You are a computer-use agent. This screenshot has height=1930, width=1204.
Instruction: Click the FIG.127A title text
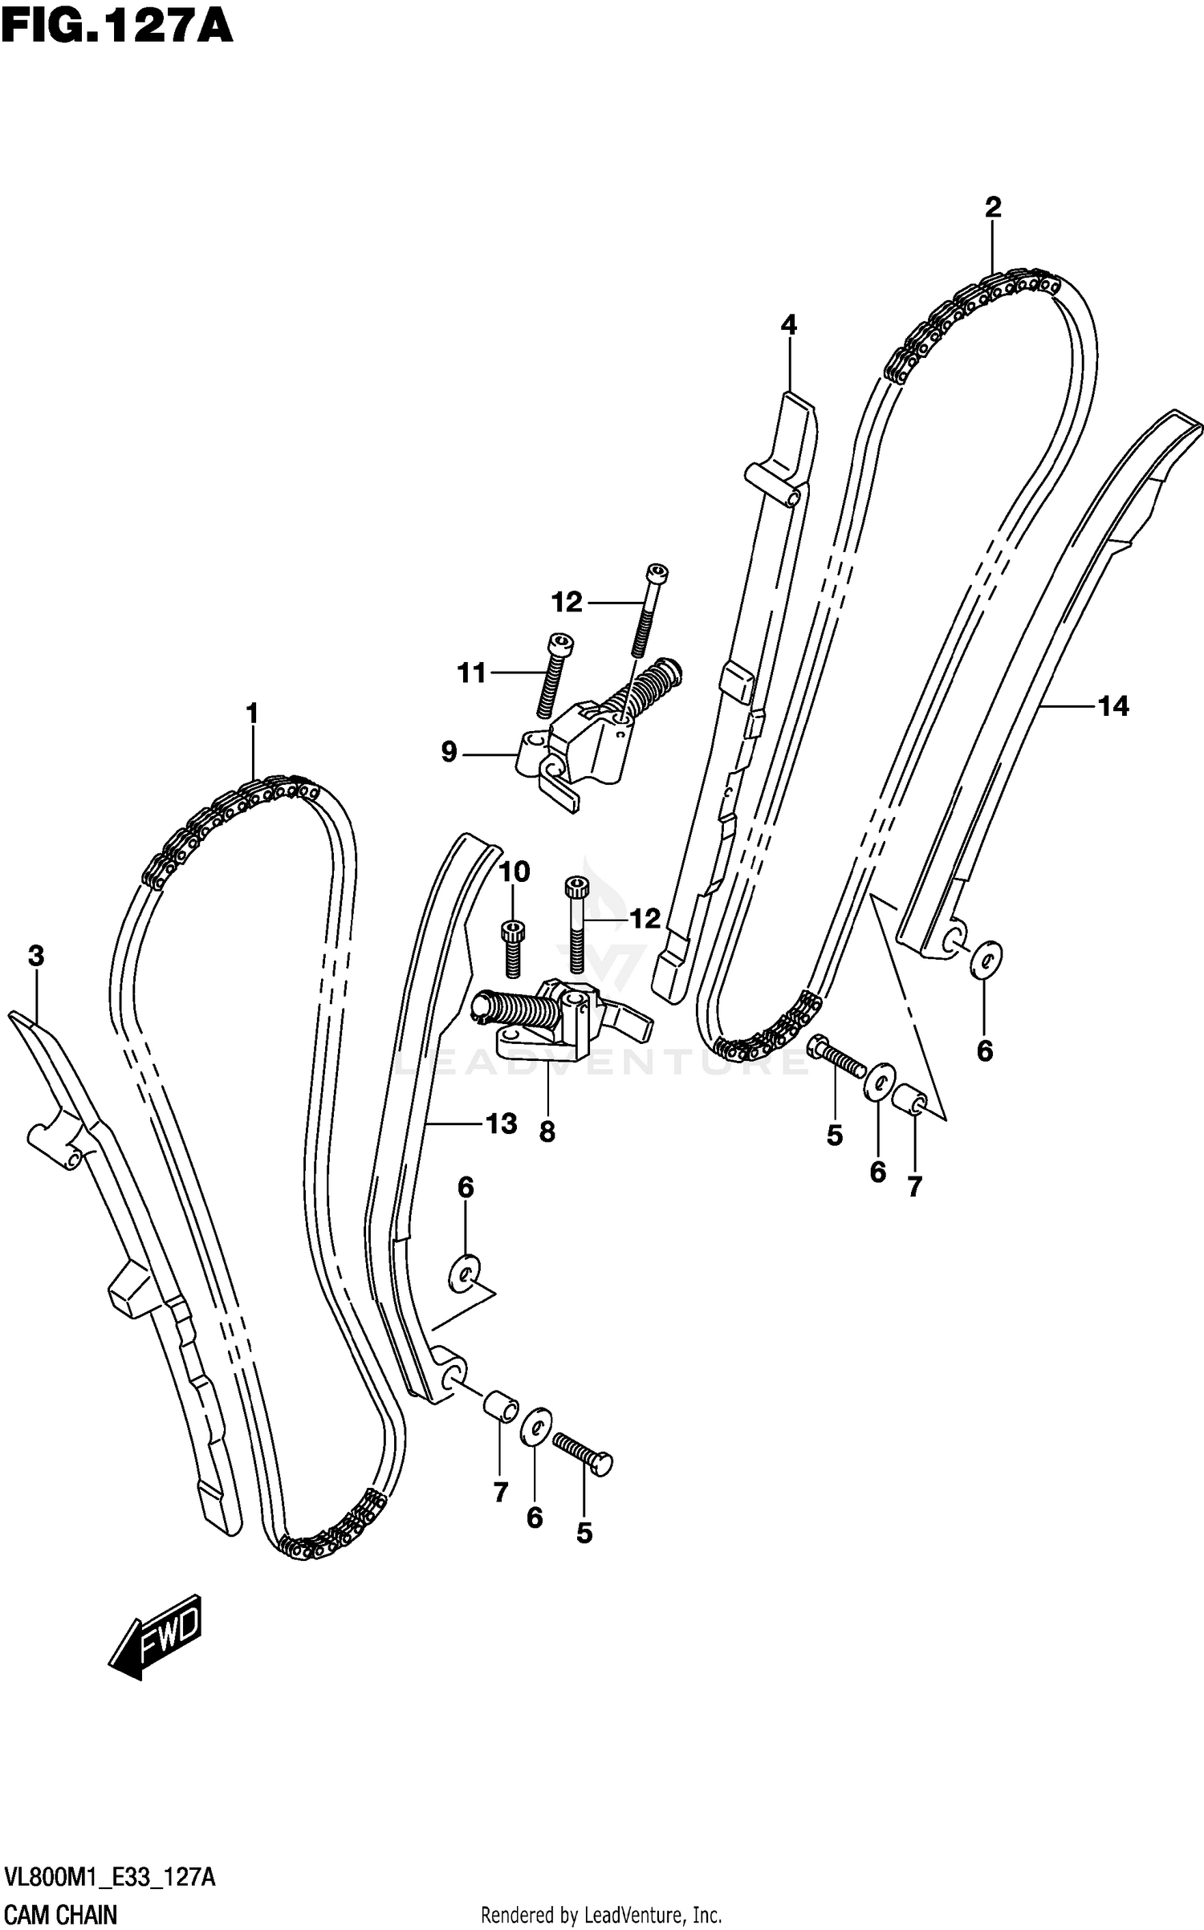117,26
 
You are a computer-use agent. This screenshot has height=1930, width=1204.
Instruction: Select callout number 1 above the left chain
252,713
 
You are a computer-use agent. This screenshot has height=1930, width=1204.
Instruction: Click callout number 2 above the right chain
993,208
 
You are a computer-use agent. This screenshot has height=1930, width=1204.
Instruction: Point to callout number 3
35,956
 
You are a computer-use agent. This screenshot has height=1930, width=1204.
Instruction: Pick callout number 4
788,325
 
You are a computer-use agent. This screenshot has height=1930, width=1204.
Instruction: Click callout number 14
1113,706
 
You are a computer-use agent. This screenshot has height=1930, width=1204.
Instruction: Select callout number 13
501,1123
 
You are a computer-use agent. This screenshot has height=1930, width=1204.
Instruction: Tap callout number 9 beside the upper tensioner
449,752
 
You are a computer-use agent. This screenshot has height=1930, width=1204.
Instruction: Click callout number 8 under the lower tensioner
547,1132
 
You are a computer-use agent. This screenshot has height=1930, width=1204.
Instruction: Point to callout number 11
472,672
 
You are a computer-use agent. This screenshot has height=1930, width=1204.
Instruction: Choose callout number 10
515,871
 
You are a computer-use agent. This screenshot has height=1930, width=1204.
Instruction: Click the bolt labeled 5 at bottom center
583,1453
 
